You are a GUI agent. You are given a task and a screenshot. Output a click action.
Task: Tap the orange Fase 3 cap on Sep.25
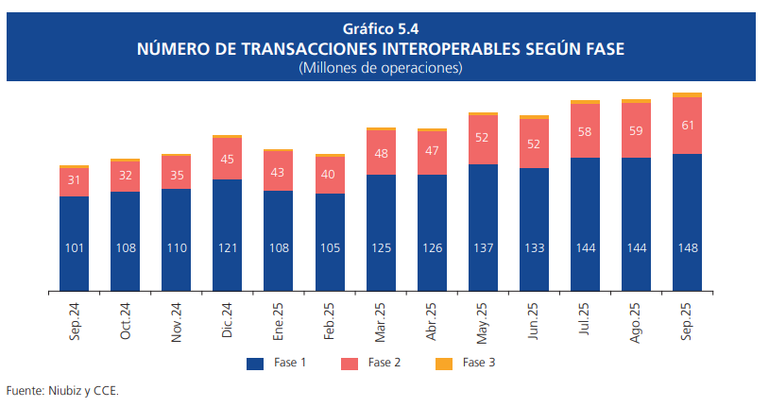pos(687,94)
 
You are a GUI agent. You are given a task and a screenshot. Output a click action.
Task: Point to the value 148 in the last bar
pos(687,247)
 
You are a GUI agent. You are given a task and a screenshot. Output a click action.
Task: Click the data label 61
pos(687,126)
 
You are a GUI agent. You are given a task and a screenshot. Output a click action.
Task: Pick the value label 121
pos(228,247)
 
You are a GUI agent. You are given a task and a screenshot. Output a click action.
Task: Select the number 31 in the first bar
pos(74,180)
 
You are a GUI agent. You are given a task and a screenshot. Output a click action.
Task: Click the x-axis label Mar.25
pos(382,321)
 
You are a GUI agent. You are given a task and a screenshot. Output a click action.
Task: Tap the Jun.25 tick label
pos(535,321)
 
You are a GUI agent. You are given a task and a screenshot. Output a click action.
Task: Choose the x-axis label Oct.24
pos(126,321)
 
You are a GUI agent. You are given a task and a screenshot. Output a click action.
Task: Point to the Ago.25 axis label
pos(637,321)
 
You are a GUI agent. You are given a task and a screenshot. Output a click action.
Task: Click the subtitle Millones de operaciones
pos(381,68)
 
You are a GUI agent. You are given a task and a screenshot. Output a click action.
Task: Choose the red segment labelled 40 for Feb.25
pos(330,175)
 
